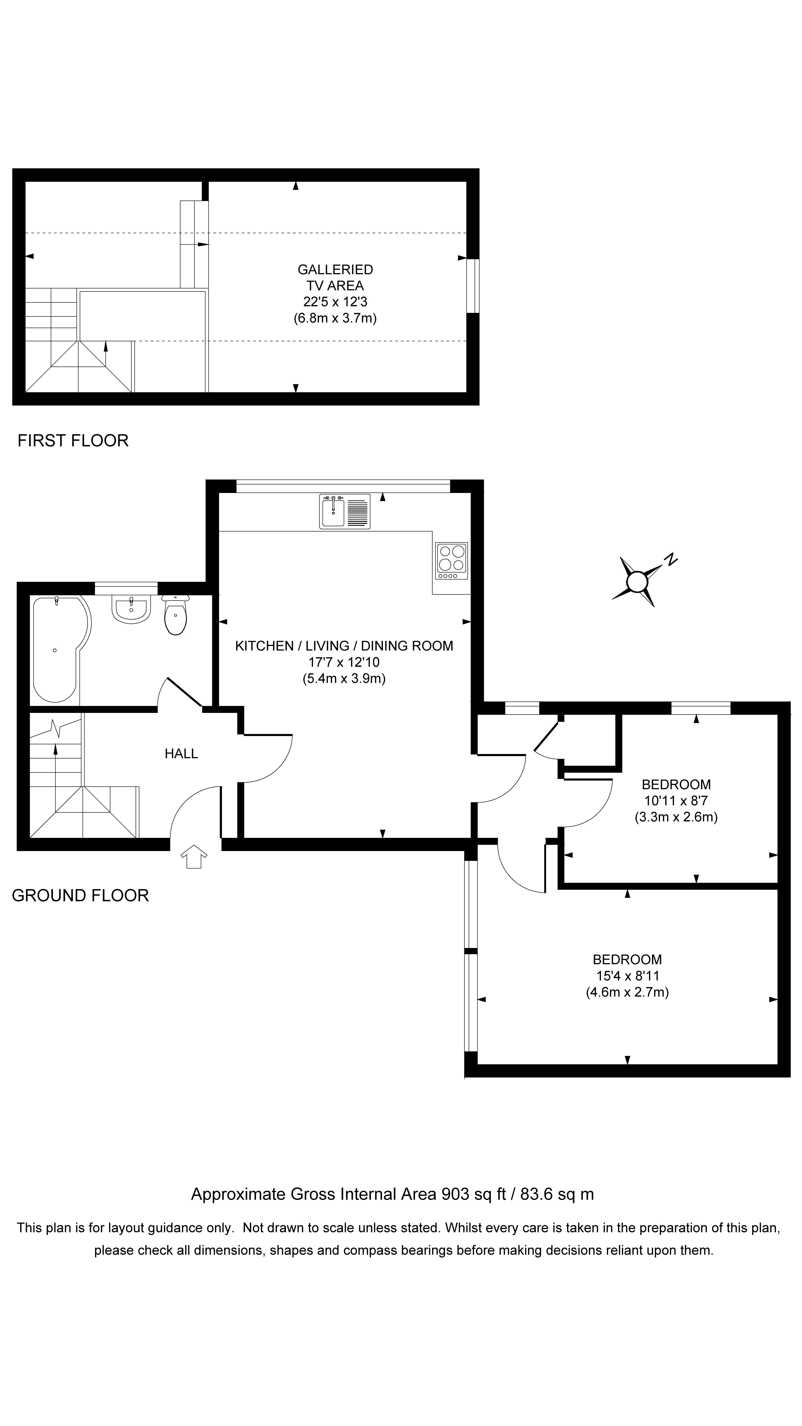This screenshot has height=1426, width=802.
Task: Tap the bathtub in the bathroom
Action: (58, 649)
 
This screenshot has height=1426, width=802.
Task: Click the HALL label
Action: (181, 753)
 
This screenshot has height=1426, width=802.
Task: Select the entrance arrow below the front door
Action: (193, 856)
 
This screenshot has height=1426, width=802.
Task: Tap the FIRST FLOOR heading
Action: (73, 441)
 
